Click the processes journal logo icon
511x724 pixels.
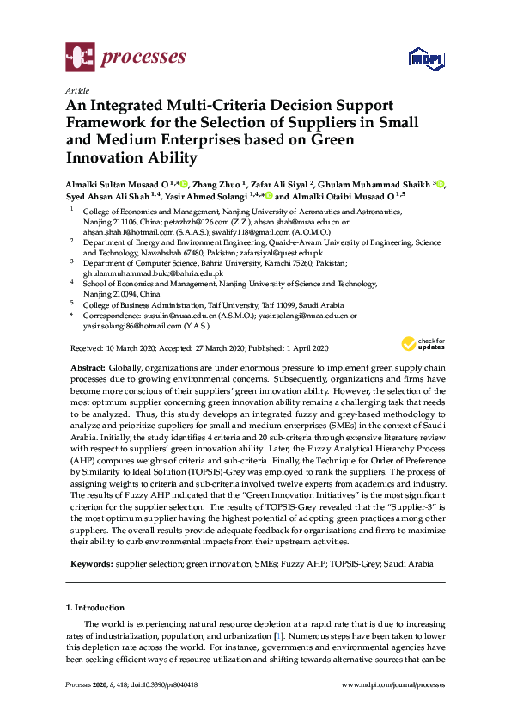[80, 58]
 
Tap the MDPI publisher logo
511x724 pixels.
[426, 59]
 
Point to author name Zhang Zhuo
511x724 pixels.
[214, 184]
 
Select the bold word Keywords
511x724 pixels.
[89, 564]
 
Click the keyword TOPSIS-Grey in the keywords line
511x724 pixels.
[332, 564]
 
